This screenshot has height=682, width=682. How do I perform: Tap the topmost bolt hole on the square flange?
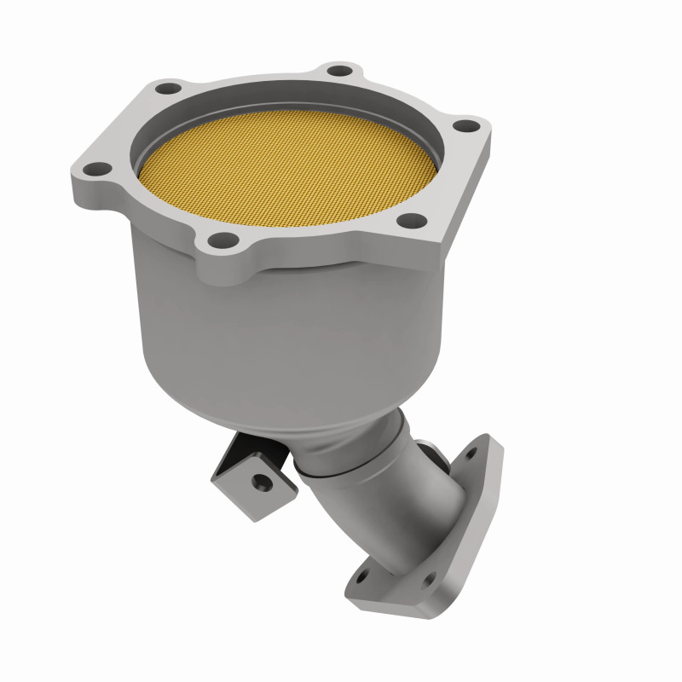click(339, 71)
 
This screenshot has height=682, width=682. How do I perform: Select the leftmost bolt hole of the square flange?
click(97, 168)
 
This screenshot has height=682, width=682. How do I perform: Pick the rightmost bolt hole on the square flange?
click(465, 127)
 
